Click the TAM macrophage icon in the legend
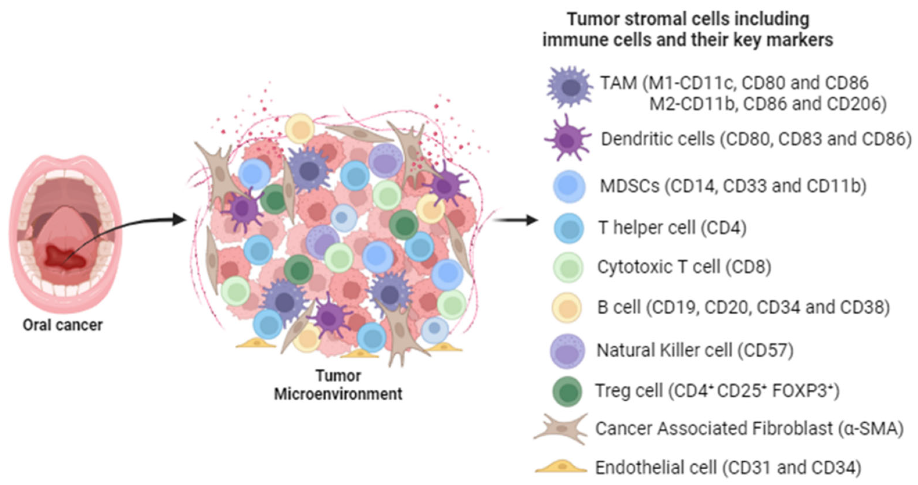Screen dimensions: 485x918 569,87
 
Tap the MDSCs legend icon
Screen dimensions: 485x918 569,186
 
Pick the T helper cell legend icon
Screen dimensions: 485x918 569,228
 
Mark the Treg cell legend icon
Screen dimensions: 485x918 567,391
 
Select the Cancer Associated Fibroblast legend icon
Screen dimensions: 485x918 561,429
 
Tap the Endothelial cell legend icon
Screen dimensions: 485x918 561,467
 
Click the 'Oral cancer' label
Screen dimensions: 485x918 63,325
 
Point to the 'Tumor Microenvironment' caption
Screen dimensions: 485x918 338,385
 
